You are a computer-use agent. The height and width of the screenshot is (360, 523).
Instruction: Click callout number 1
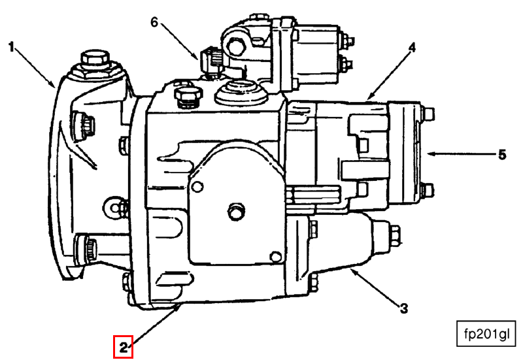[x=11, y=46]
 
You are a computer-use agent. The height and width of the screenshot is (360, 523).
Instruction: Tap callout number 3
[x=403, y=306]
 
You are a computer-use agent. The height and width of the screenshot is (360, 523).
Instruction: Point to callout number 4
[x=412, y=48]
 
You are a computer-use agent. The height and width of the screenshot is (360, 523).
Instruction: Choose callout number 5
[x=502, y=155]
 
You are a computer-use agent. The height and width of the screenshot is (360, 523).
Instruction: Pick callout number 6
[x=154, y=22]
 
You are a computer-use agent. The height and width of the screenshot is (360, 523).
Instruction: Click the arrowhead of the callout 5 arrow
[x=428, y=155]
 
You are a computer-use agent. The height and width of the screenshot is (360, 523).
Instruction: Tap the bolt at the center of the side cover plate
[x=234, y=212]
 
